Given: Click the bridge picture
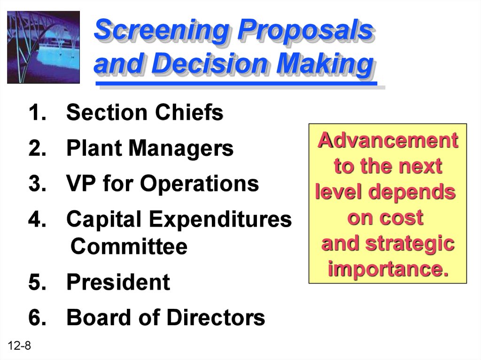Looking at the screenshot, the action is coord(43,47).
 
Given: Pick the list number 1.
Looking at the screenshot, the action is coord(37,113).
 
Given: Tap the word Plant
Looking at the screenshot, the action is coord(94,148).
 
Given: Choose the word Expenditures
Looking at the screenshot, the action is coord(221,220).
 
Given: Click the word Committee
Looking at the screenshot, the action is coord(129,246).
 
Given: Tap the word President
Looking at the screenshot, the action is coord(118,282).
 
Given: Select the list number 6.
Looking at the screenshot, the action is coord(37,317).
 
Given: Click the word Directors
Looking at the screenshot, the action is coord(216,317).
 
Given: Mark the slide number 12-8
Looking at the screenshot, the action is coord(19,345).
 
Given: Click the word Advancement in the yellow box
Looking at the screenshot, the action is coord(388,140).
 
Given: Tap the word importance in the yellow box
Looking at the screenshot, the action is coord(388,269).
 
